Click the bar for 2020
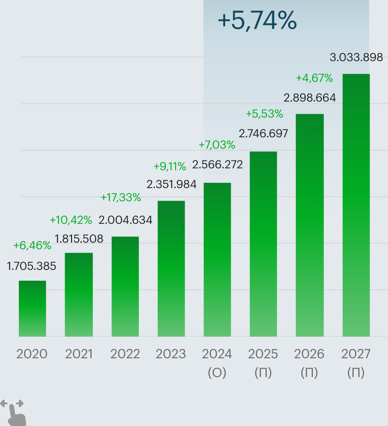pos(32,308)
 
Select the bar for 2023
pos(171,268)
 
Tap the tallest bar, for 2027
pos(356,205)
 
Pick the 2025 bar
pos(263,244)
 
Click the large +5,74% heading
pos(257,21)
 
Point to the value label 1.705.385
pos(32,267)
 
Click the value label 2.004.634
pos(125,220)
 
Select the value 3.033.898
pos(356,58)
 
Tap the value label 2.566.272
pos(217,165)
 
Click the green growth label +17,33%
pos(121,198)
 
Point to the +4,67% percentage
pos(314,78)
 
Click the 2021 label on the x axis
pos(79,354)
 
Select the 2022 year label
pos(125,354)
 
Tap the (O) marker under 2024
pos(217,373)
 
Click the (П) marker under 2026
pos(309,373)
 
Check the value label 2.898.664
pos(309,98)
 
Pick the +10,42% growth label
pos(71,220)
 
